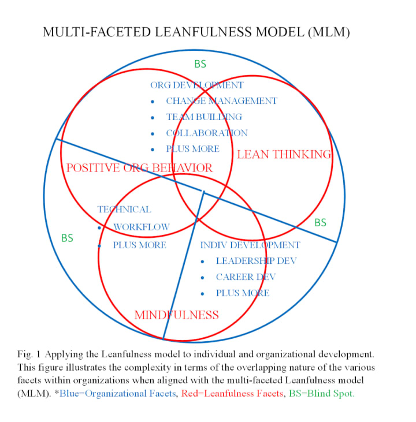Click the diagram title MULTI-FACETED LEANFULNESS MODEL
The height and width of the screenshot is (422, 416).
(x=174, y=32)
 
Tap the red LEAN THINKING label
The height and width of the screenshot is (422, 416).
(x=284, y=155)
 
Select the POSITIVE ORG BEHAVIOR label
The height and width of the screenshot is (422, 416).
(x=139, y=168)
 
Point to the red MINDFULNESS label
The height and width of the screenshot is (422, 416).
(x=176, y=315)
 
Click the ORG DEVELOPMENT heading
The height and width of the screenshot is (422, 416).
(x=197, y=85)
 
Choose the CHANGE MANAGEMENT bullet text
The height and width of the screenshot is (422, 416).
(x=221, y=101)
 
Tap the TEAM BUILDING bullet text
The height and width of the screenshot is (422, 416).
(x=204, y=117)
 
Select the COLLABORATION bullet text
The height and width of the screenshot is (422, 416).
(x=207, y=133)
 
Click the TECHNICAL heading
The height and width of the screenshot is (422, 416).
(x=124, y=210)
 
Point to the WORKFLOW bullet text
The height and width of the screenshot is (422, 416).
(x=142, y=227)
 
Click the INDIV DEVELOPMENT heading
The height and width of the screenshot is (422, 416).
(x=250, y=245)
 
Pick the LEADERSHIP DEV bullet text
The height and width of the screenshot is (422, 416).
(x=256, y=261)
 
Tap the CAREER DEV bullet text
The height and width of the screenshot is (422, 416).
(x=246, y=277)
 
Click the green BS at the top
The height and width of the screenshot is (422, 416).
(x=200, y=64)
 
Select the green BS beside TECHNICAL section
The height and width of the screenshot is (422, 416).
(x=67, y=238)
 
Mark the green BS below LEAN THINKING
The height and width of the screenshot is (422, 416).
(x=320, y=223)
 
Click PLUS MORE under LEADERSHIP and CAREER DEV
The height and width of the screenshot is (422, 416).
(x=243, y=293)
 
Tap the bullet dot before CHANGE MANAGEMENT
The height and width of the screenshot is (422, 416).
(x=153, y=102)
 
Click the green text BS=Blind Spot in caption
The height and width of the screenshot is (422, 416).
(x=321, y=394)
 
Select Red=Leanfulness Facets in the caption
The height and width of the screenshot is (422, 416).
(x=232, y=394)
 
